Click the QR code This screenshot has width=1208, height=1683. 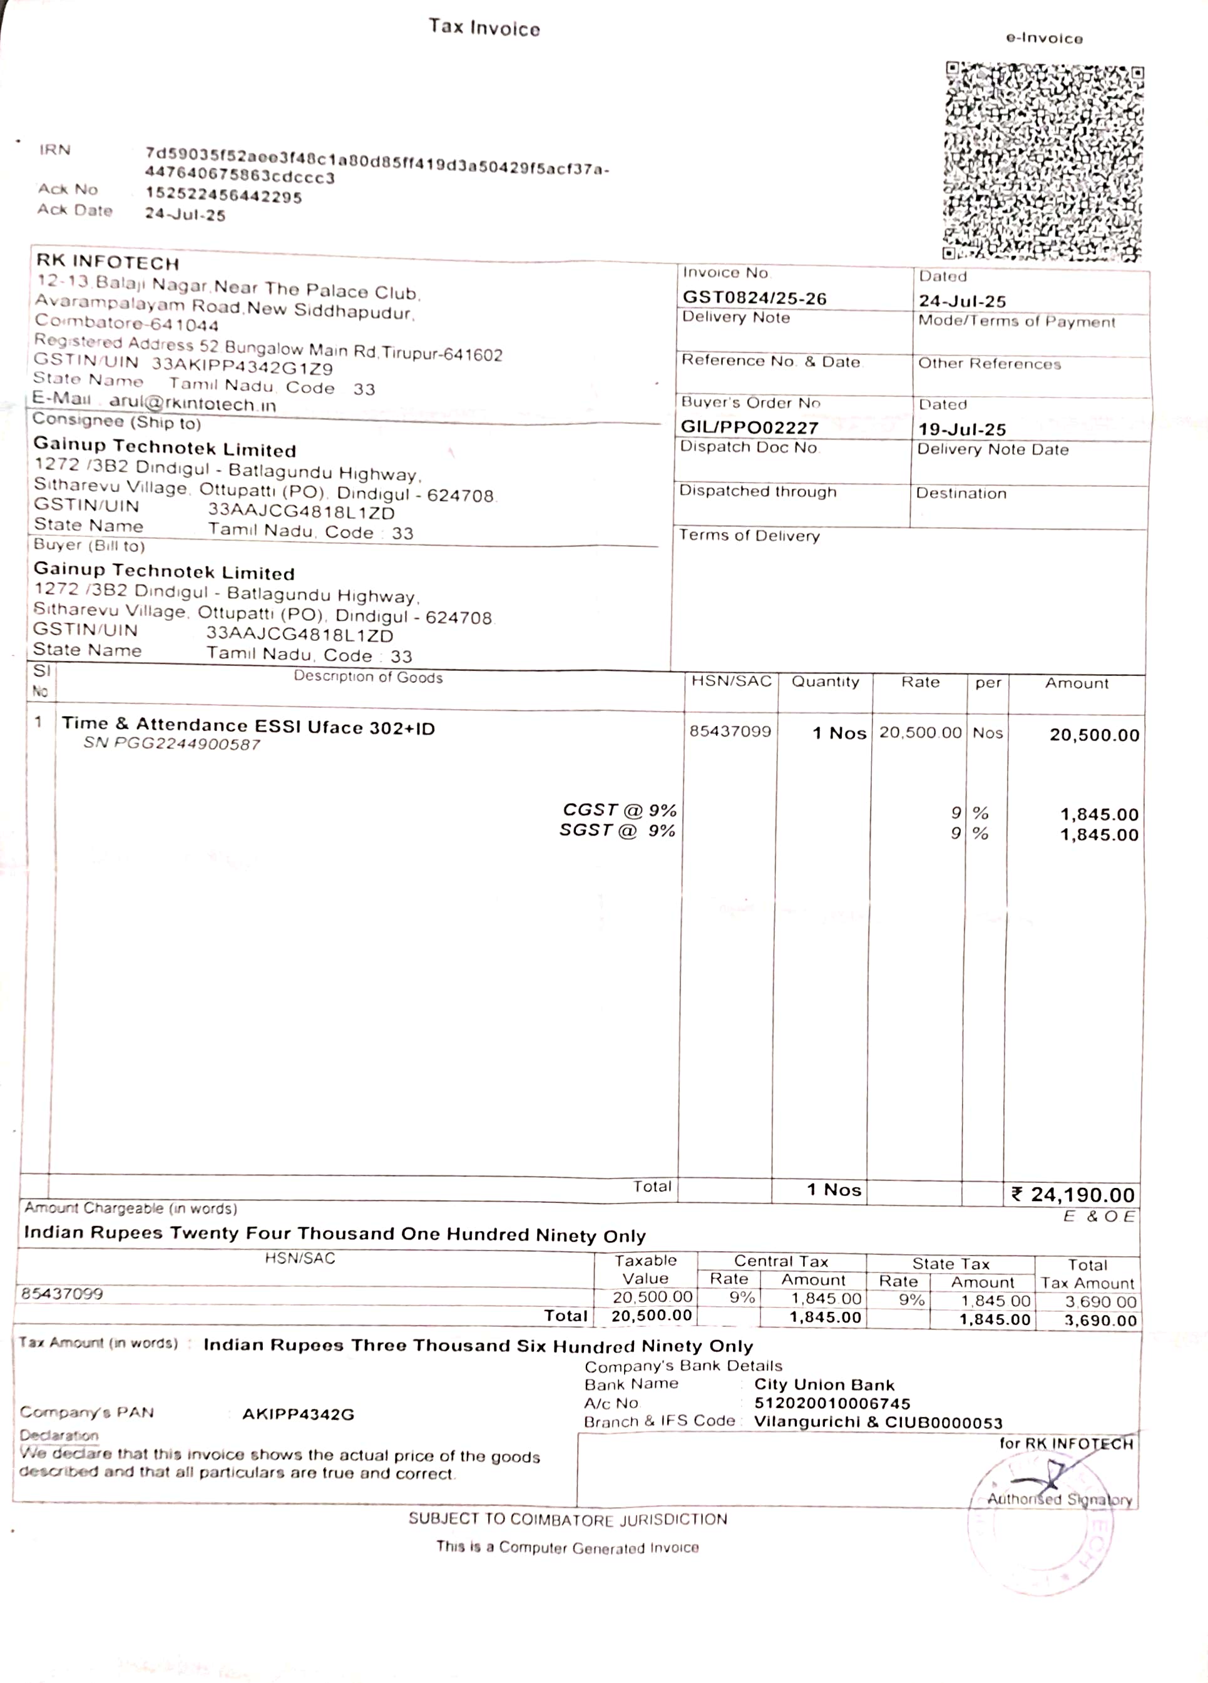[1043, 161]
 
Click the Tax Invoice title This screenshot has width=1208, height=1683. [484, 28]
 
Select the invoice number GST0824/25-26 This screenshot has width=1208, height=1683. [754, 299]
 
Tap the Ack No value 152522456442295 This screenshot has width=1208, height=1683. [223, 197]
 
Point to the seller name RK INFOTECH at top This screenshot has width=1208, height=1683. [108, 263]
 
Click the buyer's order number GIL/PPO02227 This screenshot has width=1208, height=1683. [749, 427]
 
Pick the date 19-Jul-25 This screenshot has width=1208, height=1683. [961, 429]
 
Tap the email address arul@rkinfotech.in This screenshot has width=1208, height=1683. [192, 404]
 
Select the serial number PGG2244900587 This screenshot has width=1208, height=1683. [187, 744]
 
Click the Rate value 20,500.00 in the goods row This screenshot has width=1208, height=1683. [920, 732]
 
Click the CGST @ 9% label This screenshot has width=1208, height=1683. [619, 810]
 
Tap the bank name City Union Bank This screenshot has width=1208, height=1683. [824, 1384]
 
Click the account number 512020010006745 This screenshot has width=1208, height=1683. [832, 1403]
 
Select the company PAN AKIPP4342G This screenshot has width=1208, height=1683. [299, 1414]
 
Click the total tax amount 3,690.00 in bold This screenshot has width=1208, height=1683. [1100, 1320]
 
